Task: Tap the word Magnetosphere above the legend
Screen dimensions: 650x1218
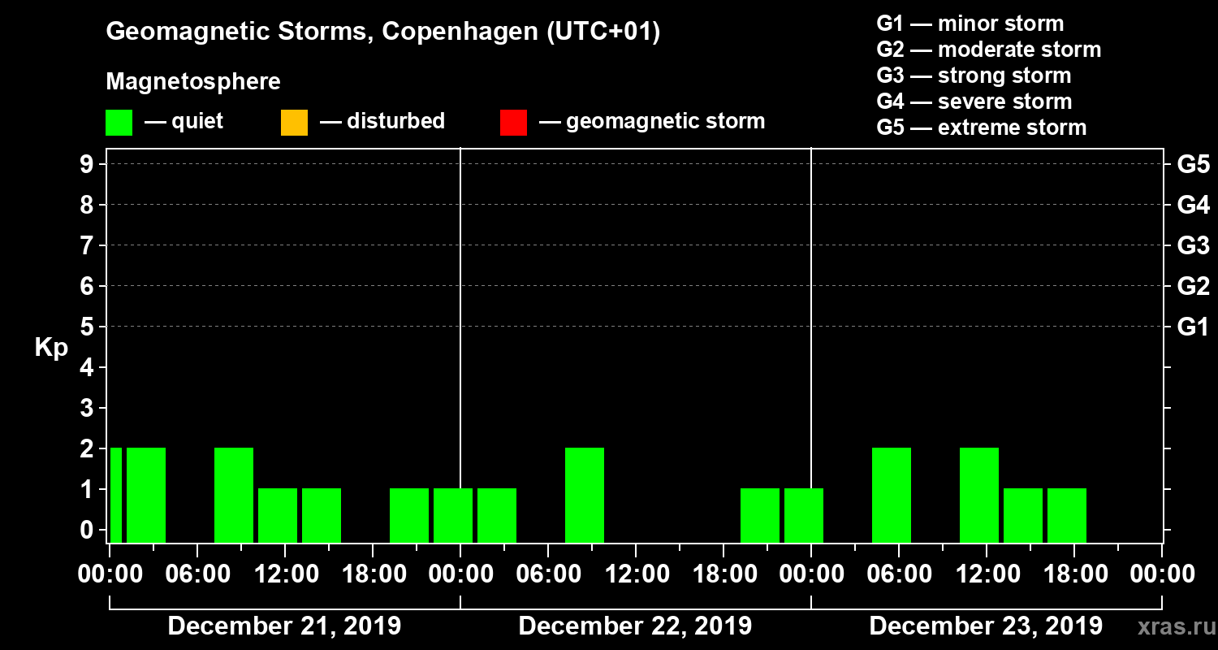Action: point(193,82)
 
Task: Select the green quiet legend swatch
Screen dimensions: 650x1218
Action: point(119,123)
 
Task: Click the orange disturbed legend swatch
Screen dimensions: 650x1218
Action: point(294,123)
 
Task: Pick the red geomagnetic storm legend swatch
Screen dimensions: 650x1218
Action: point(513,123)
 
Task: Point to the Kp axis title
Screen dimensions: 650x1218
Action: point(51,348)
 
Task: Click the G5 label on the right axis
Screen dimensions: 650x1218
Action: point(1193,164)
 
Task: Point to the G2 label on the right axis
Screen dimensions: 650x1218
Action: point(1193,286)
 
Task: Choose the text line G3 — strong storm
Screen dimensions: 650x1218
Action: point(974,76)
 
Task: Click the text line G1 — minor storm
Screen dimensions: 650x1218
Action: point(970,24)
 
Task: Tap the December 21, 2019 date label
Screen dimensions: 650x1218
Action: point(284,626)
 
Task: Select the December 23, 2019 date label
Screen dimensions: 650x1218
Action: point(986,626)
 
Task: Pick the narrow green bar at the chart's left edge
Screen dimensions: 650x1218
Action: point(116,495)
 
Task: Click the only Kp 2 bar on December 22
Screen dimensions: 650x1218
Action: point(585,495)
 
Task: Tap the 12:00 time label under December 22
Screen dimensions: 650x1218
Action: point(636,574)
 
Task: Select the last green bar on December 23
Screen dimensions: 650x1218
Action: point(1067,515)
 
